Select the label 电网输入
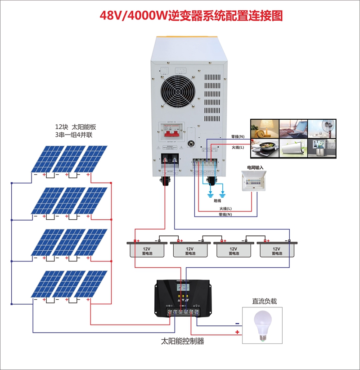pyautogui.click(x=255, y=167)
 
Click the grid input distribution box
pyautogui.click(x=255, y=181)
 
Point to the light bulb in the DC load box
pyautogui.click(x=262, y=326)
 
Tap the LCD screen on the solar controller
pyautogui.click(x=183, y=289)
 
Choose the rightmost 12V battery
pyautogui.click(x=276, y=250)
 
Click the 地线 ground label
pyautogui.click(x=217, y=201)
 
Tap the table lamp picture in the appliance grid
pyautogui.click(x=264, y=128)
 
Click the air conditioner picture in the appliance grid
pyautogui.click(x=293, y=148)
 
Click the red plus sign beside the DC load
pyautogui.click(x=237, y=332)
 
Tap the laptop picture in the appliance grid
pyautogui.click(x=293, y=128)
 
